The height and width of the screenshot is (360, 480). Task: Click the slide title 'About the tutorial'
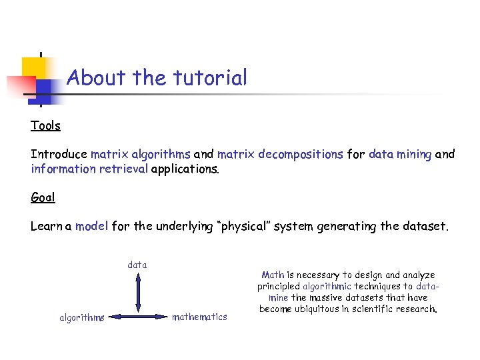pyautogui.click(x=157, y=78)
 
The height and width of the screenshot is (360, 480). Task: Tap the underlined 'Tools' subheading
pyautogui.click(x=45, y=125)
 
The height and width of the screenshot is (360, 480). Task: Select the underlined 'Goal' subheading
pyautogui.click(x=43, y=197)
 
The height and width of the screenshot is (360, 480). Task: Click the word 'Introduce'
pyautogui.click(x=59, y=154)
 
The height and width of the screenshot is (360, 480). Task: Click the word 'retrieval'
pyautogui.click(x=123, y=169)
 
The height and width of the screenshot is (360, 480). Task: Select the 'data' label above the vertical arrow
pyautogui.click(x=137, y=265)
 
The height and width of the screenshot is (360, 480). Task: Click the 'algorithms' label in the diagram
pyautogui.click(x=82, y=318)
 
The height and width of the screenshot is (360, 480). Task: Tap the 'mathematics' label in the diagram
pyautogui.click(x=199, y=317)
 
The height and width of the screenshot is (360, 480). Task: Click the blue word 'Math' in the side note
pyautogui.click(x=273, y=275)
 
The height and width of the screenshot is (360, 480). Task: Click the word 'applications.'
pyautogui.click(x=185, y=169)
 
